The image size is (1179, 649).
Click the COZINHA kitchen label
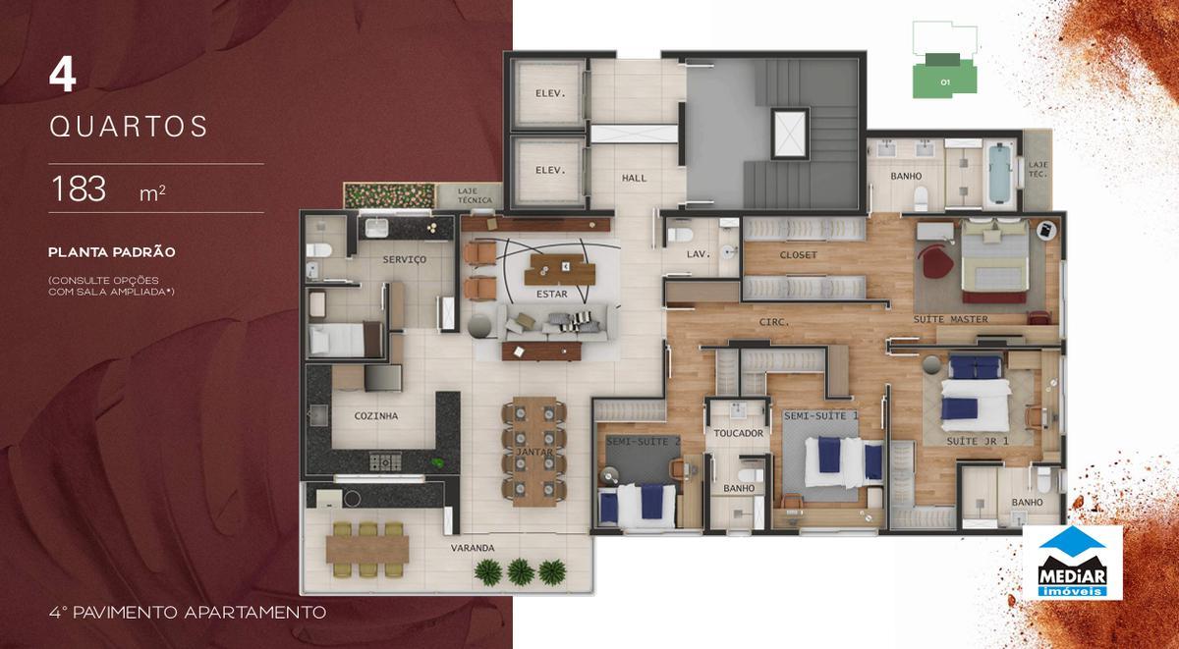coord(376,416)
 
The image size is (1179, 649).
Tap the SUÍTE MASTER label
coord(950,319)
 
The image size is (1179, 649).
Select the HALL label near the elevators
coord(634,178)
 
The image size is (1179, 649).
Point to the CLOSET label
coord(799,255)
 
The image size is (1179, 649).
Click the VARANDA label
coord(473,547)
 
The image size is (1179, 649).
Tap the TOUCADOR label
coord(739,433)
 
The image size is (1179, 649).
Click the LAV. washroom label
coord(698,255)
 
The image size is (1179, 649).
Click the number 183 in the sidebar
coord(79,189)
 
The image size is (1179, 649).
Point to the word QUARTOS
coord(129,127)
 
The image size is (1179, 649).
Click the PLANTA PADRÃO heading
coord(112,252)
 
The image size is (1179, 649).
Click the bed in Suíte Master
coord(992,260)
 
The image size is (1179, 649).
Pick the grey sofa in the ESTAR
coord(552,321)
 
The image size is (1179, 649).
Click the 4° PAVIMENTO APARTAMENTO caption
coord(187,612)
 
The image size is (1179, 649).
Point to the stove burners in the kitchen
coord(384,461)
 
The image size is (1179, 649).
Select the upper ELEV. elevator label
coord(550,94)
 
